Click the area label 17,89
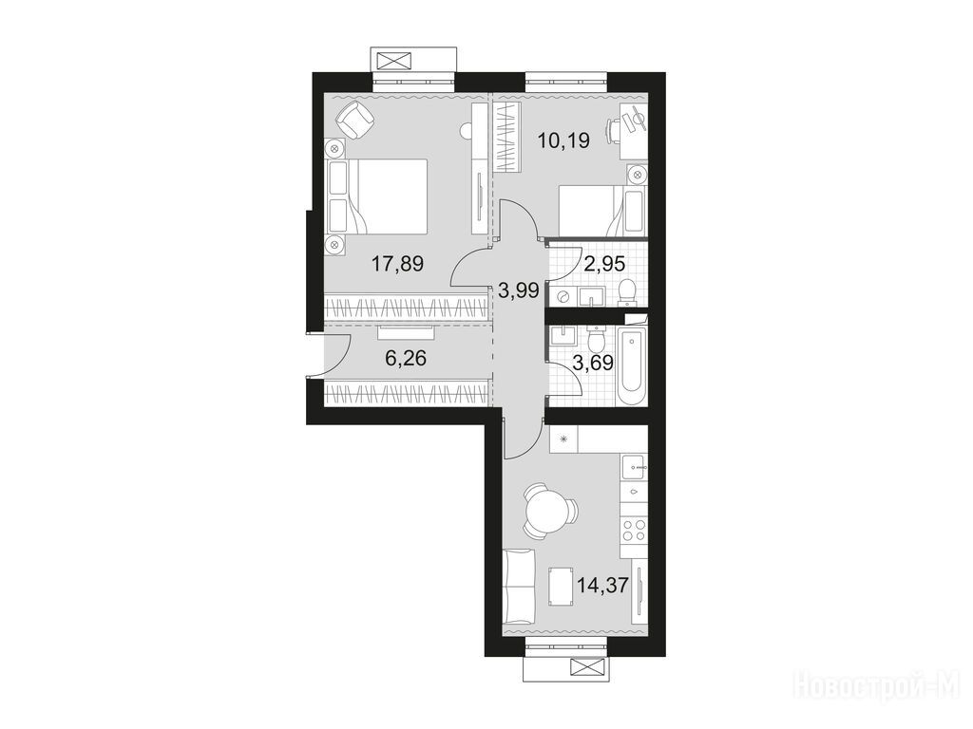397,264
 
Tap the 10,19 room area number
563,140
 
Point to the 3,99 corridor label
518,290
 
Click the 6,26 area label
406,358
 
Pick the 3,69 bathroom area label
593,363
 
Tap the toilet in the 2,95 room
628,292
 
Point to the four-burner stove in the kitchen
634,531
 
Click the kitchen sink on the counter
634,465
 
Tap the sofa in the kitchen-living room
520,587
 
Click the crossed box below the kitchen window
585,667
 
